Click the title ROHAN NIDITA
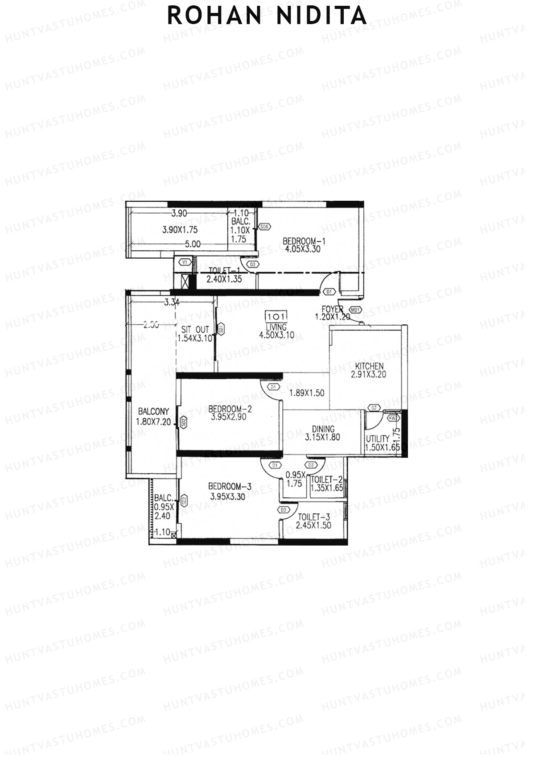point(267,16)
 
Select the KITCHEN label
point(368,366)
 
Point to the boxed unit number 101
point(276,317)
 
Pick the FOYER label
point(332,310)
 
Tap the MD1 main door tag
point(355,310)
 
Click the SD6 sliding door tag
point(264,227)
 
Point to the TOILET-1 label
point(224,271)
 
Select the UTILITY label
point(377,438)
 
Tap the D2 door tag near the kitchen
point(374,408)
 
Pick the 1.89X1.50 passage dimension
point(306,393)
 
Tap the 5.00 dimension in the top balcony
point(192,244)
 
